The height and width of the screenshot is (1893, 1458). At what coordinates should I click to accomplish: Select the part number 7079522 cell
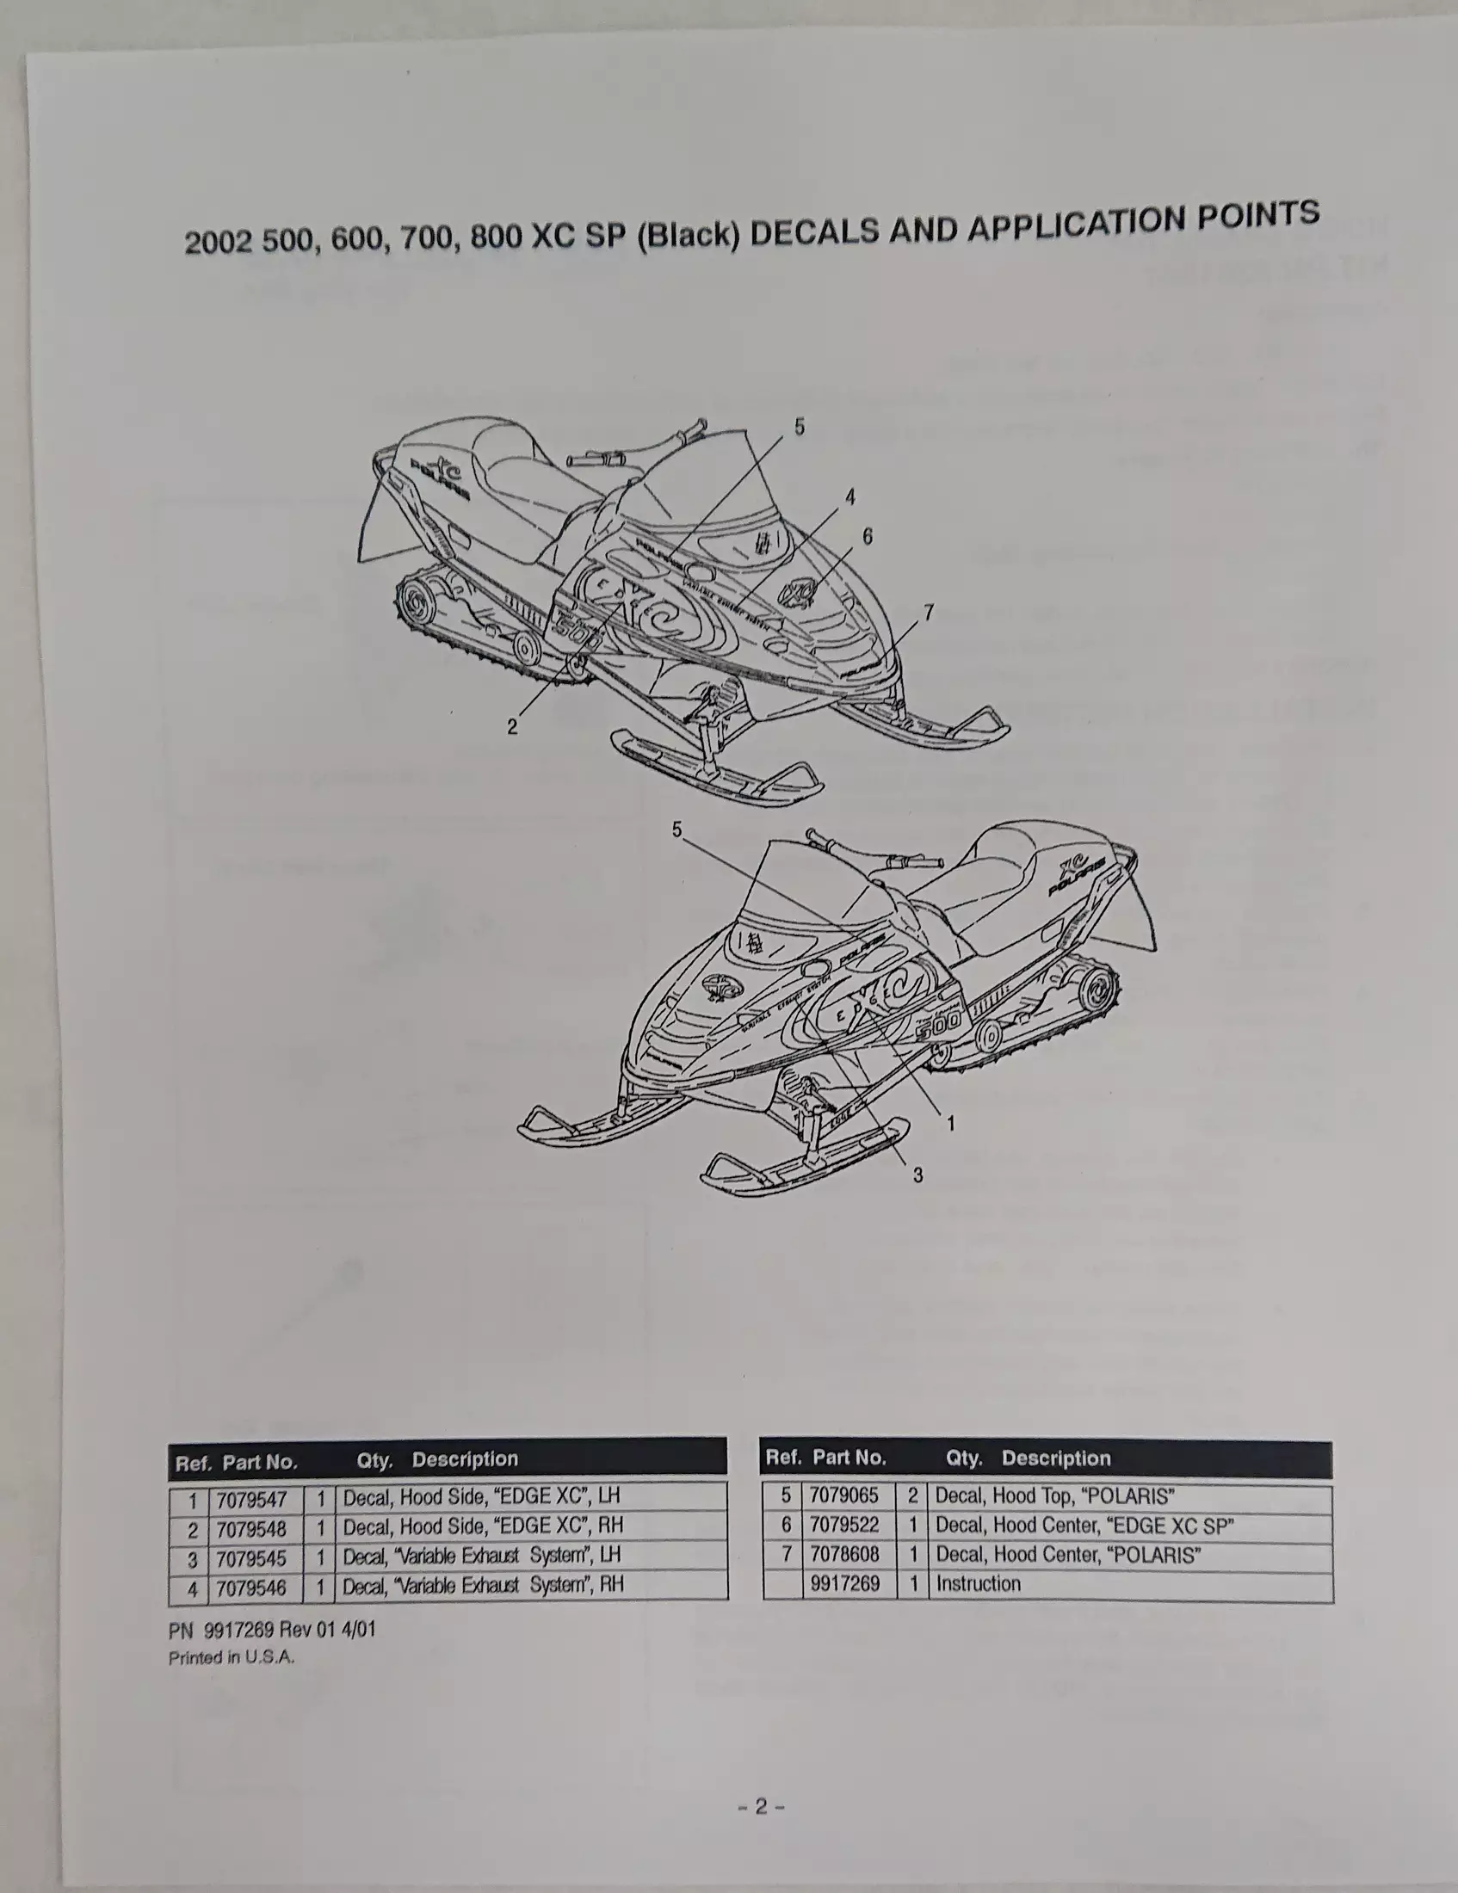pyautogui.click(x=843, y=1525)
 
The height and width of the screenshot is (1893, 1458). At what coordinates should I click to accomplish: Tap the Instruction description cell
pyautogui.click(x=978, y=1583)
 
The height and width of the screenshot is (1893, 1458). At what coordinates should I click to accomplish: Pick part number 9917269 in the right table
pyautogui.click(x=844, y=1583)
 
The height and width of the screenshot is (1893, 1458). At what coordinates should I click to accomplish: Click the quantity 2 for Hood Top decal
pyautogui.click(x=912, y=1496)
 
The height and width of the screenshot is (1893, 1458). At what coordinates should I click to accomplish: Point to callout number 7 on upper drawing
pyautogui.click(x=929, y=612)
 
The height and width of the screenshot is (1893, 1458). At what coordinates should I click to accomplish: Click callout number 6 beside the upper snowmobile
pyautogui.click(x=868, y=537)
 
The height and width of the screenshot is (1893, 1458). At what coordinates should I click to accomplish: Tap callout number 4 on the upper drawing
pyautogui.click(x=850, y=496)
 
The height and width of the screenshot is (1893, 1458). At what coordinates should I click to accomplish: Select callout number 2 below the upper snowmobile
pyautogui.click(x=512, y=726)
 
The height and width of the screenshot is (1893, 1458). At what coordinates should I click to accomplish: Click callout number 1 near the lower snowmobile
pyautogui.click(x=950, y=1123)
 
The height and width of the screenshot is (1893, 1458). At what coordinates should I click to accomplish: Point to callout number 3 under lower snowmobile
pyautogui.click(x=917, y=1175)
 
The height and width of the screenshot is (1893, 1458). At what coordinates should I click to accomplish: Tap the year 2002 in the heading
pyautogui.click(x=218, y=242)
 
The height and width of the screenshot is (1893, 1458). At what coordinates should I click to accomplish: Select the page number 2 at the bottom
pyautogui.click(x=761, y=1806)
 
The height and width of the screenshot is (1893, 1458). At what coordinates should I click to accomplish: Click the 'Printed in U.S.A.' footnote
pyautogui.click(x=232, y=1657)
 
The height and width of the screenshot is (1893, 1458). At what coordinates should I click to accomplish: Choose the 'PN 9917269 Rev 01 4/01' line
pyautogui.click(x=272, y=1630)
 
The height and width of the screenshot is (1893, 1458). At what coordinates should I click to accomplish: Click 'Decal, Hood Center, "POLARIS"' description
pyautogui.click(x=1067, y=1554)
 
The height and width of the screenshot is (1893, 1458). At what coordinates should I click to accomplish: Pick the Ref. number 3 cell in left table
pyautogui.click(x=193, y=1559)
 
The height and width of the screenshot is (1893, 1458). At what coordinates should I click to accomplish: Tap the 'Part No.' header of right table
pyautogui.click(x=849, y=1458)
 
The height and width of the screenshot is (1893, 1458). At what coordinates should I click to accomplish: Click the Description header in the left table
pyautogui.click(x=465, y=1459)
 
